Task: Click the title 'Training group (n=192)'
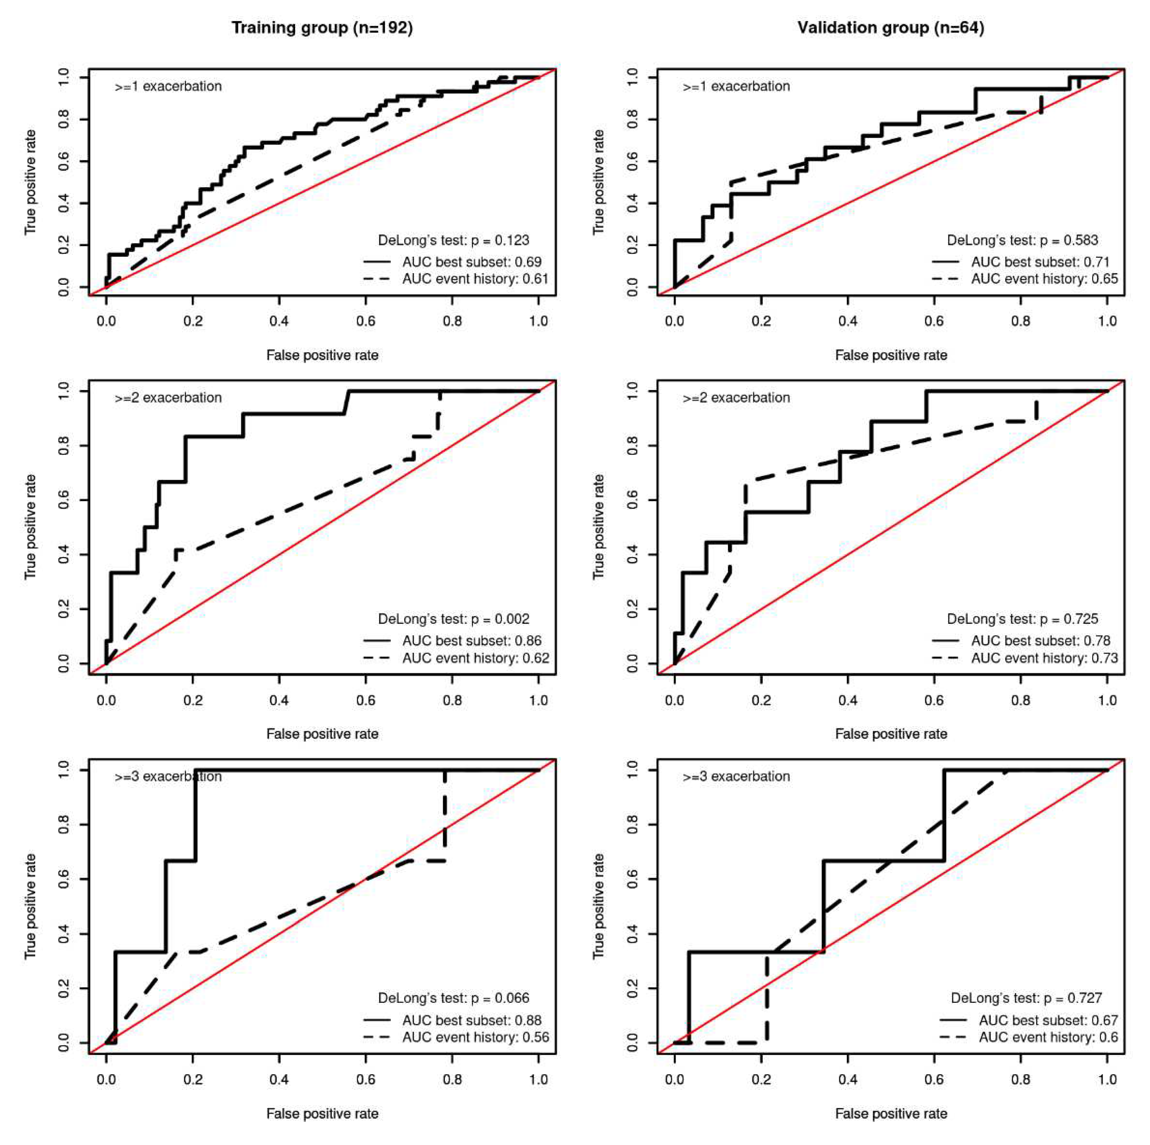[x=322, y=28]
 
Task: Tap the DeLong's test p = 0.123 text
[x=454, y=240]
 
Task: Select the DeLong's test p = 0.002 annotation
[x=454, y=619]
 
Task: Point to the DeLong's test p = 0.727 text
[x=1026, y=998]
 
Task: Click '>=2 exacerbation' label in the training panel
[x=169, y=397]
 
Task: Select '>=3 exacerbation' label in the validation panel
[x=736, y=777]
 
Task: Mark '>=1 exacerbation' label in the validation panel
[x=736, y=86]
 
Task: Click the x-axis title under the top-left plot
[x=322, y=355]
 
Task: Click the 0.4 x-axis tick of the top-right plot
[x=848, y=321]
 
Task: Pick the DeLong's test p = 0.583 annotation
[x=1023, y=240]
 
